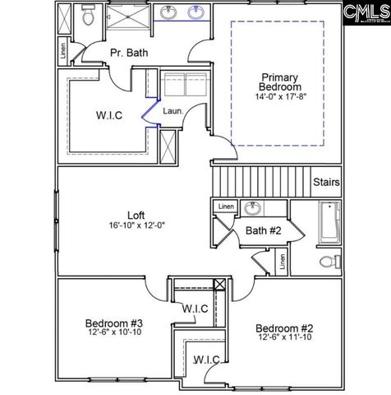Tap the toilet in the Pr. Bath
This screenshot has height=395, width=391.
[x=89, y=18]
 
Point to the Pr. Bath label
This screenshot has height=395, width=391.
[x=129, y=53]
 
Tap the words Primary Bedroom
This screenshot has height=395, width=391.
[x=279, y=81]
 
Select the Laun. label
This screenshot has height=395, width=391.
[x=172, y=109]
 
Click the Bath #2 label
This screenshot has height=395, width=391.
[x=263, y=231]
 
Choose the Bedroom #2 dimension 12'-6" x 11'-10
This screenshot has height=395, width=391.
[x=283, y=337]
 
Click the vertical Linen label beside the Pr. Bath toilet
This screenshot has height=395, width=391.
[x=63, y=49]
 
